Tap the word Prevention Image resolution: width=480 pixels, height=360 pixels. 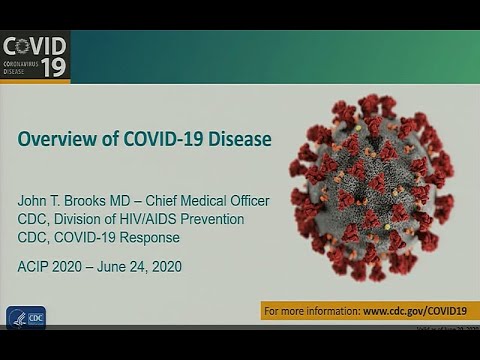pyautogui.click(x=237, y=218)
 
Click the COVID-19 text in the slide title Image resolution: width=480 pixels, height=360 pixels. pyautogui.click(x=159, y=138)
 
